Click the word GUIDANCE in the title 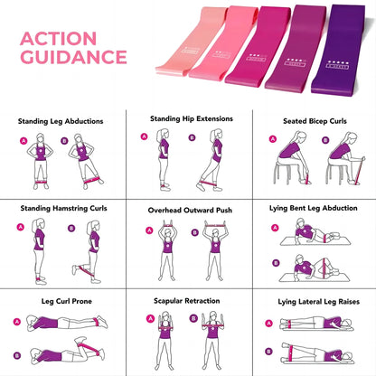point(73,57)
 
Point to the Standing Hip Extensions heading point(190,117)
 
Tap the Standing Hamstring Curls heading point(63,208)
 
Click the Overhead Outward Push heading point(190,210)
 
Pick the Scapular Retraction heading point(186,302)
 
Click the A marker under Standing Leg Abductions point(22,141)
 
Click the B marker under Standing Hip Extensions point(193,137)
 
